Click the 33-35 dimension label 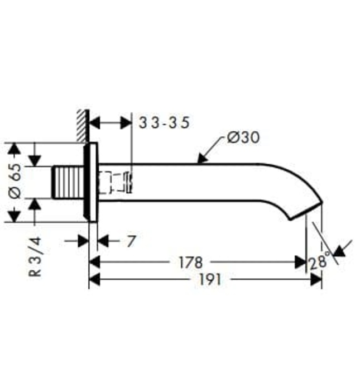pyautogui.click(x=164, y=123)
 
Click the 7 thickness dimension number pyautogui.click(x=129, y=241)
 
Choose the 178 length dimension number pyautogui.click(x=190, y=262)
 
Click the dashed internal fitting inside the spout pyautogui.click(x=115, y=182)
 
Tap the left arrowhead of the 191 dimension pyautogui.click(x=94, y=280)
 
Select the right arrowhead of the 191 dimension pyautogui.click(x=317, y=280)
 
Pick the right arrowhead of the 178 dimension pyautogui.click(x=301, y=262)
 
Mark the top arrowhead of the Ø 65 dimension pyautogui.click(x=14, y=148)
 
